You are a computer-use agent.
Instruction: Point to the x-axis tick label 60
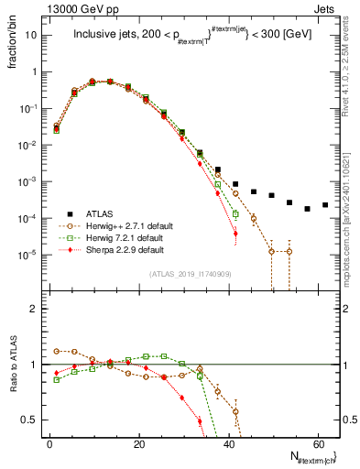(317, 444)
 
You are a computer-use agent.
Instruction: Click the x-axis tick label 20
(139, 444)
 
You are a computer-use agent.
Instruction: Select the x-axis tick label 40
(228, 444)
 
